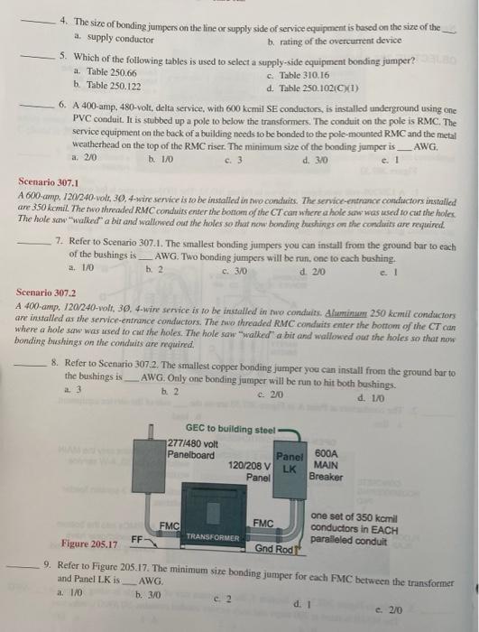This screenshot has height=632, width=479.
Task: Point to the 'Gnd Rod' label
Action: coord(271,548)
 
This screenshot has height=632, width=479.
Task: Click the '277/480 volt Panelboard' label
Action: coord(190,447)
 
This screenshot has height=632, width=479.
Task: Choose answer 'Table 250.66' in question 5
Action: coord(105,72)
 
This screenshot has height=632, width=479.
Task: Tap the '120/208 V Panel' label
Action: coord(249,469)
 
